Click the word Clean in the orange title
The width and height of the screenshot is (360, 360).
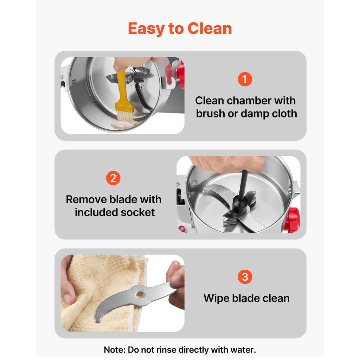(210, 28)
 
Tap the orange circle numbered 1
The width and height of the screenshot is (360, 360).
(245, 79)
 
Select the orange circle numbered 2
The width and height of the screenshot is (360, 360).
(113, 178)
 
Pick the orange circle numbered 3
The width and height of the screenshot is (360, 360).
(245, 277)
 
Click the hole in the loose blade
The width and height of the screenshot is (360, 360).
(140, 295)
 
